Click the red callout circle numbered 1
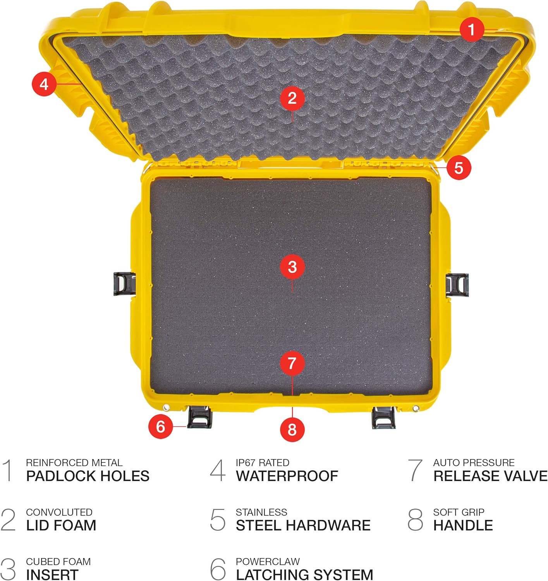(471, 29)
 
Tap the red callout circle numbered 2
(292, 98)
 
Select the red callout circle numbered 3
(292, 266)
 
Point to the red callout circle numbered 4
(44, 84)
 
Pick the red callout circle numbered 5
(459, 168)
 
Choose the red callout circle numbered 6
(161, 426)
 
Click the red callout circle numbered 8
(292, 430)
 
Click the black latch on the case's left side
(125, 284)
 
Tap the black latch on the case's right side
(457, 285)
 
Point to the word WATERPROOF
(287, 476)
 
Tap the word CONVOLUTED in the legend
(59, 512)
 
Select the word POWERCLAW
(268, 561)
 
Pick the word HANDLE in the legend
(463, 525)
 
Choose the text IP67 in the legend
(246, 462)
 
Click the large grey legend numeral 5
(218, 519)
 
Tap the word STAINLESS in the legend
(261, 512)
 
